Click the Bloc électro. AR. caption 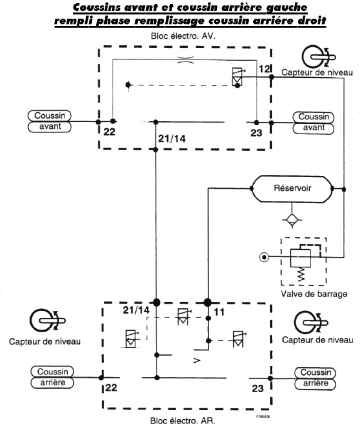[x=183, y=420]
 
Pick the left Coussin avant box [x=50, y=121]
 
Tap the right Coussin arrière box [x=315, y=378]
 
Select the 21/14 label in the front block [x=171, y=138]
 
